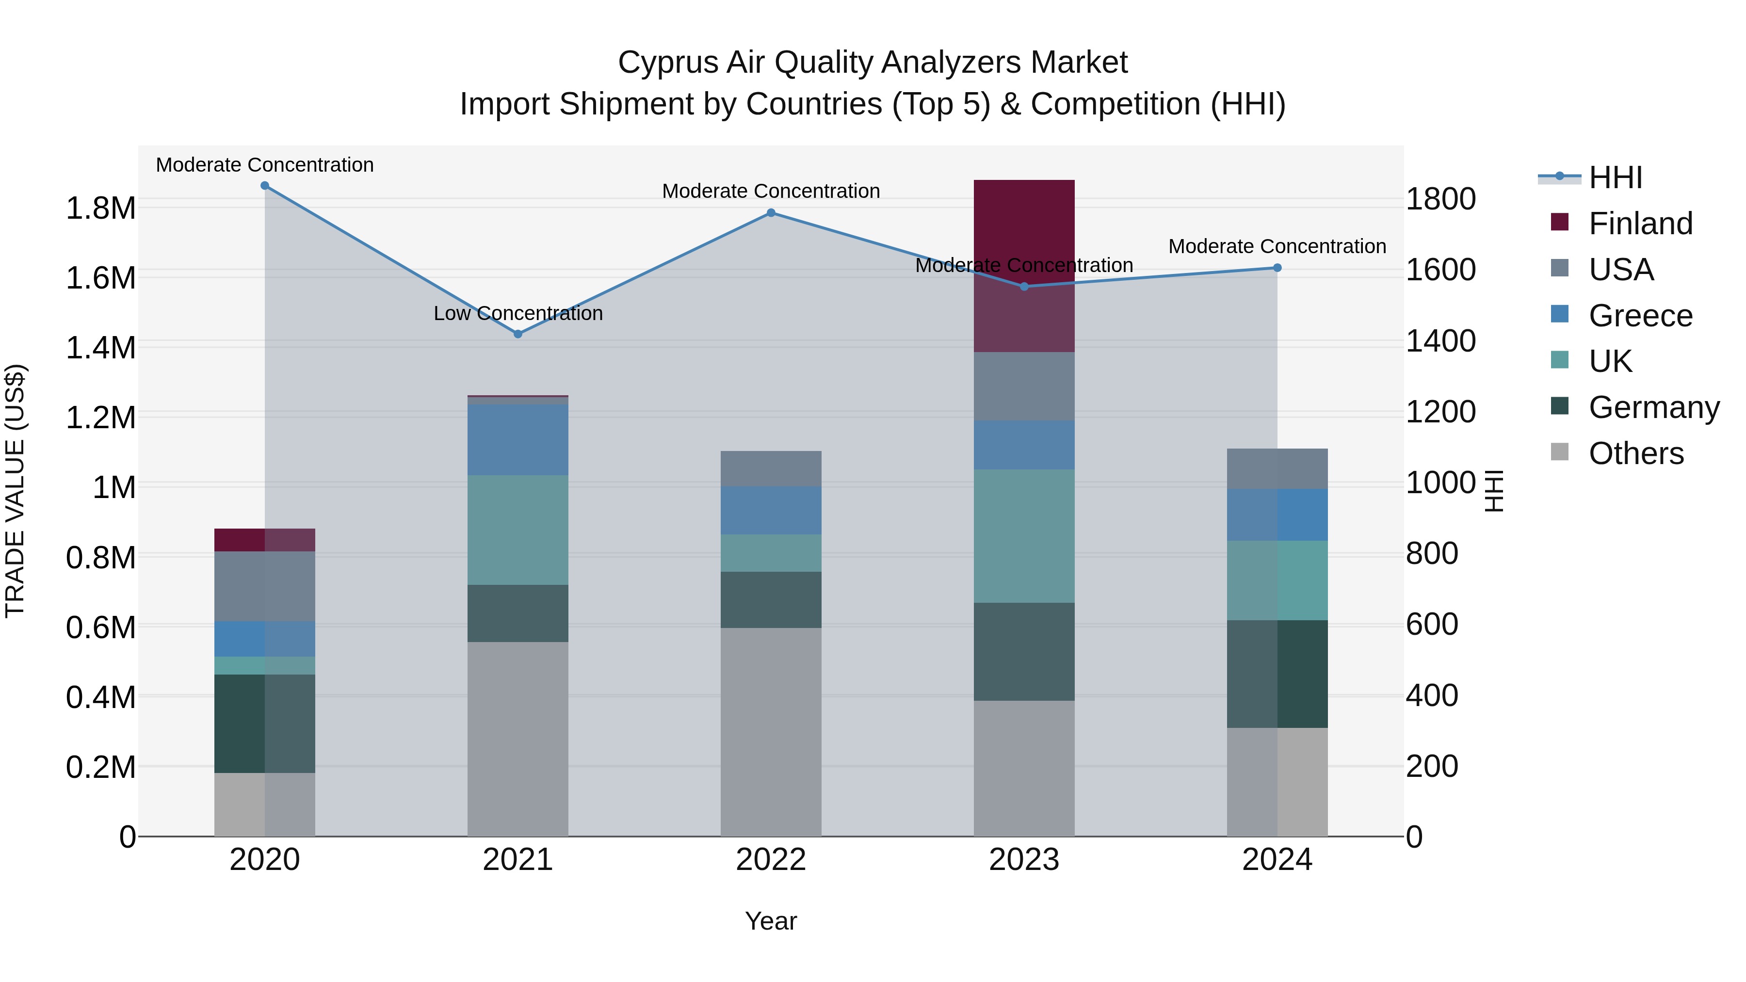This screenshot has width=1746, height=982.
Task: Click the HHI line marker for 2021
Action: tap(518, 334)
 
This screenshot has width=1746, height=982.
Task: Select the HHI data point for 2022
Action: tap(771, 213)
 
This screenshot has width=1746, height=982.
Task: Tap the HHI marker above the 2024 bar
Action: tap(1277, 268)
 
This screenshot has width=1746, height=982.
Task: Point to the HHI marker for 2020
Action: tap(265, 186)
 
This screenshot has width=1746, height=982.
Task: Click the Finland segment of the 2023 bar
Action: tap(1023, 266)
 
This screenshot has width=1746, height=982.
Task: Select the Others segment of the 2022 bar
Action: tap(771, 732)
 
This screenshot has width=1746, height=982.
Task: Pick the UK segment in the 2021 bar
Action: tap(518, 530)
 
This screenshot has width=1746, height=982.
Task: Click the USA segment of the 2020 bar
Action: tap(265, 586)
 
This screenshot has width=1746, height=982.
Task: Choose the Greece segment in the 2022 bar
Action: tap(771, 510)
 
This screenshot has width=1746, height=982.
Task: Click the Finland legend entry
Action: tap(1640, 224)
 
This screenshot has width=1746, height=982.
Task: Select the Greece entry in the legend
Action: tap(1640, 316)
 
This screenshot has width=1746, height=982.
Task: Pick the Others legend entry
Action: tap(1635, 453)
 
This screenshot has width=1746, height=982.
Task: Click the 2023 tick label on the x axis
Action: tap(1023, 860)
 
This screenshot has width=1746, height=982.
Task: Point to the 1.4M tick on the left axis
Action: tap(100, 348)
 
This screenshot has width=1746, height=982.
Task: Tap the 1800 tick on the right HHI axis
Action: tap(1440, 199)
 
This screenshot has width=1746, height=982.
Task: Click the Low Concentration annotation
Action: tap(518, 313)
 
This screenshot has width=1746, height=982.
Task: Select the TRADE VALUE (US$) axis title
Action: tap(15, 491)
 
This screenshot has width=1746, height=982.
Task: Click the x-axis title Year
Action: tap(771, 921)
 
